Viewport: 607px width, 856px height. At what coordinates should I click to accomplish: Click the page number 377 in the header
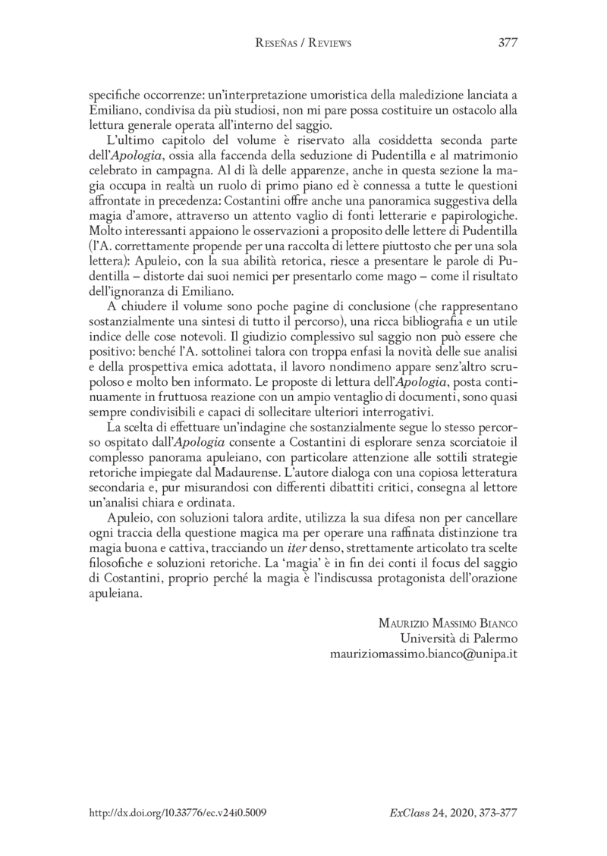(x=508, y=43)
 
